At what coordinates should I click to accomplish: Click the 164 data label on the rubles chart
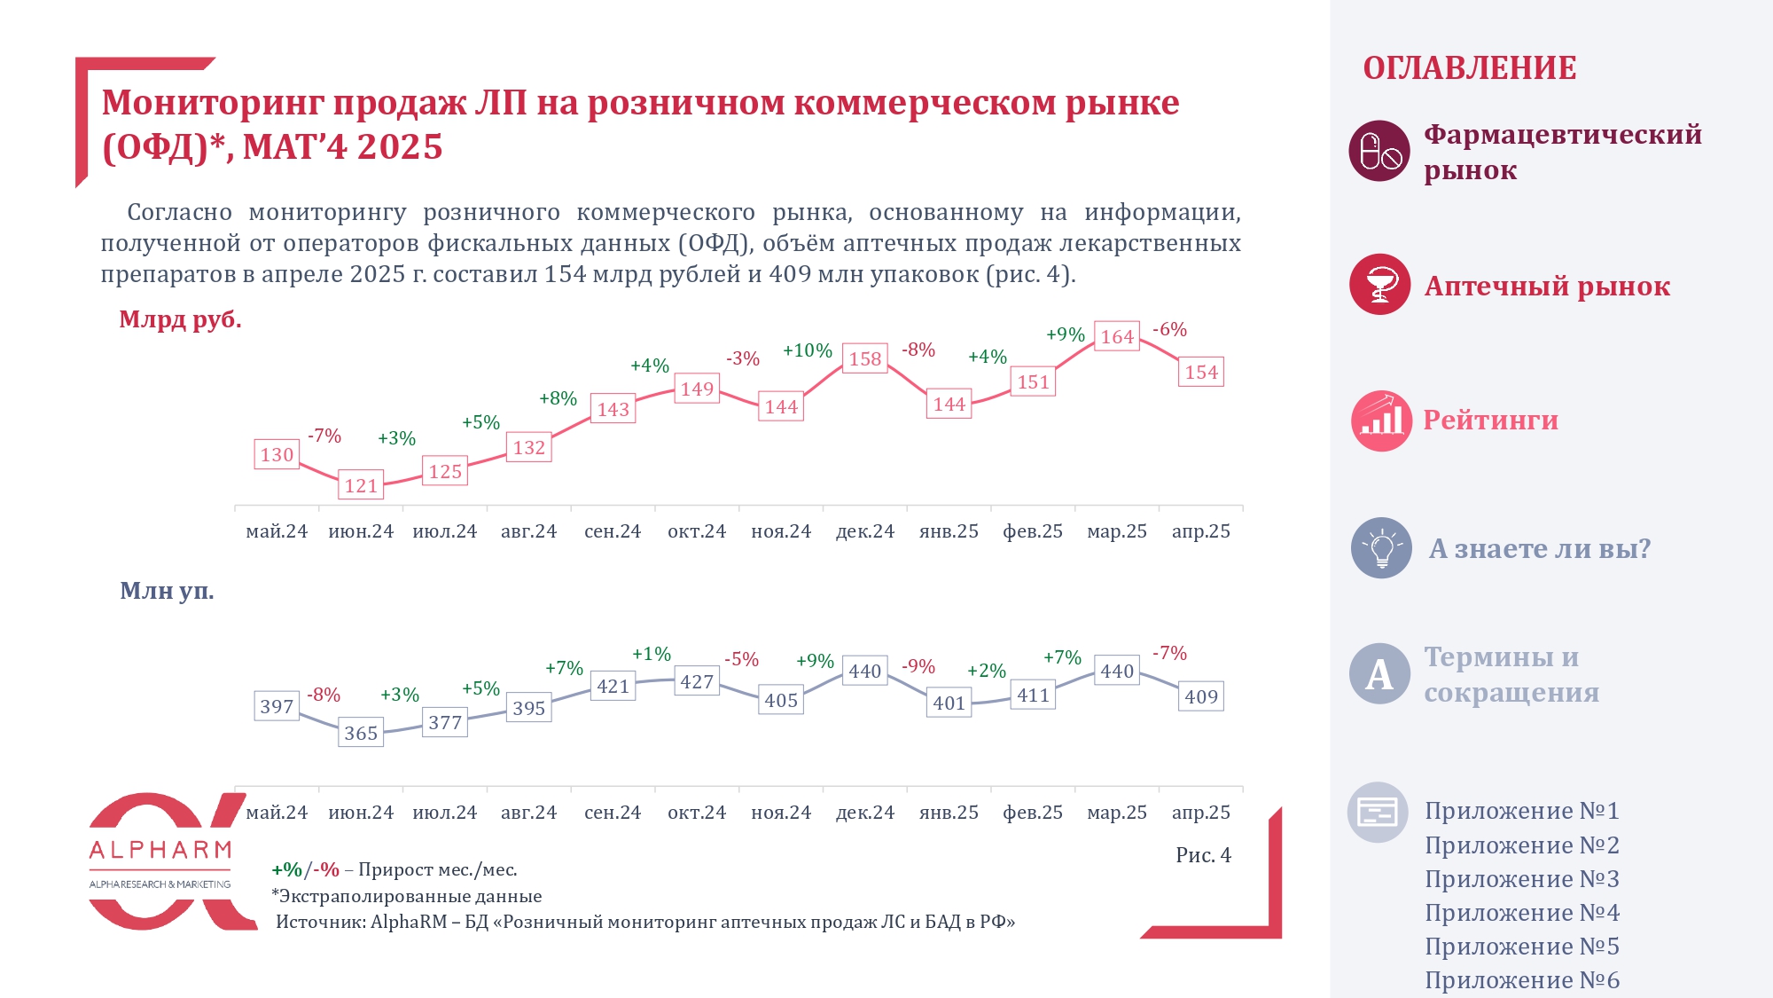click(1117, 337)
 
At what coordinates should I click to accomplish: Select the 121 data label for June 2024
click(361, 485)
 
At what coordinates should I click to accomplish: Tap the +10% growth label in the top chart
click(807, 350)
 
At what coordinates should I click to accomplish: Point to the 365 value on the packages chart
click(361, 733)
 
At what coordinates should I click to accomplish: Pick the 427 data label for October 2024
click(697, 681)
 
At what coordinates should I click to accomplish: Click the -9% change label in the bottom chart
click(918, 666)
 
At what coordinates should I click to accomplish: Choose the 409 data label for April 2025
click(1201, 696)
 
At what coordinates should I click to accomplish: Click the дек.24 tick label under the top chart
click(865, 531)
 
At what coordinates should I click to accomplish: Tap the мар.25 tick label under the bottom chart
click(1117, 813)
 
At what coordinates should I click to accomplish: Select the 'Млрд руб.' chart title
click(180, 319)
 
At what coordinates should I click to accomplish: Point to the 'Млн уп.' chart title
click(167, 591)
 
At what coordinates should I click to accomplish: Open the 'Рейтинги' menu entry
click(1490, 420)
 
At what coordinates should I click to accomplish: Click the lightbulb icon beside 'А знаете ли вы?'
click(1381, 548)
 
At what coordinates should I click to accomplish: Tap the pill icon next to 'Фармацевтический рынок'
click(1379, 151)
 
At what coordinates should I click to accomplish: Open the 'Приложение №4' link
click(1521, 913)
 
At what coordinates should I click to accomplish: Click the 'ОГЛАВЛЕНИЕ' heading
click(1470, 68)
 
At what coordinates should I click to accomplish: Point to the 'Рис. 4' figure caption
click(1203, 855)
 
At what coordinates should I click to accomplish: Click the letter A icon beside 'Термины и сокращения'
click(1379, 674)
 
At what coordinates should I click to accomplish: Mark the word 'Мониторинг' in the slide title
click(212, 103)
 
